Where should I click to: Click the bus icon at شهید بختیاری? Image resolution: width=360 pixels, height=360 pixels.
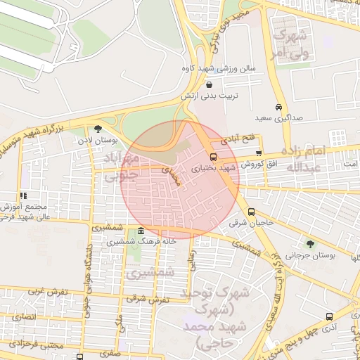(214, 157)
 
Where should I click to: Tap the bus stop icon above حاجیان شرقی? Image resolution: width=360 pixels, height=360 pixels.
(251, 212)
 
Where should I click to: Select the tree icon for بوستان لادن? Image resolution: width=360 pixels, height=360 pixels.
(98, 129)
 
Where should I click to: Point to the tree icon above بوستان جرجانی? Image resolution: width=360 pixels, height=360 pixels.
(310, 244)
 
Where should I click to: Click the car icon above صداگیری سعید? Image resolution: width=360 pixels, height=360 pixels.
(280, 107)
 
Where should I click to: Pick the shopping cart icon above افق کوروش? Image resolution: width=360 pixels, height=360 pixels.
(259, 153)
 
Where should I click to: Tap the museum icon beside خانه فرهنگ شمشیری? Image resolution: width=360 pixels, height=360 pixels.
(141, 231)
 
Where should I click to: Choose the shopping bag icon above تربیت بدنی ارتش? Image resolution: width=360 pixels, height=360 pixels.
(210, 84)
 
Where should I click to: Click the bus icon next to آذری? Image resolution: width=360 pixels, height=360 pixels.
(329, 317)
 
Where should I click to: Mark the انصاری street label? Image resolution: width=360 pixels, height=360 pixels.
(23, 317)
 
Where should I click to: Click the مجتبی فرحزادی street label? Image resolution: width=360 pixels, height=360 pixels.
(41, 345)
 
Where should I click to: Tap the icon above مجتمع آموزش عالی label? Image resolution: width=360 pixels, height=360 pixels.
(23, 195)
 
